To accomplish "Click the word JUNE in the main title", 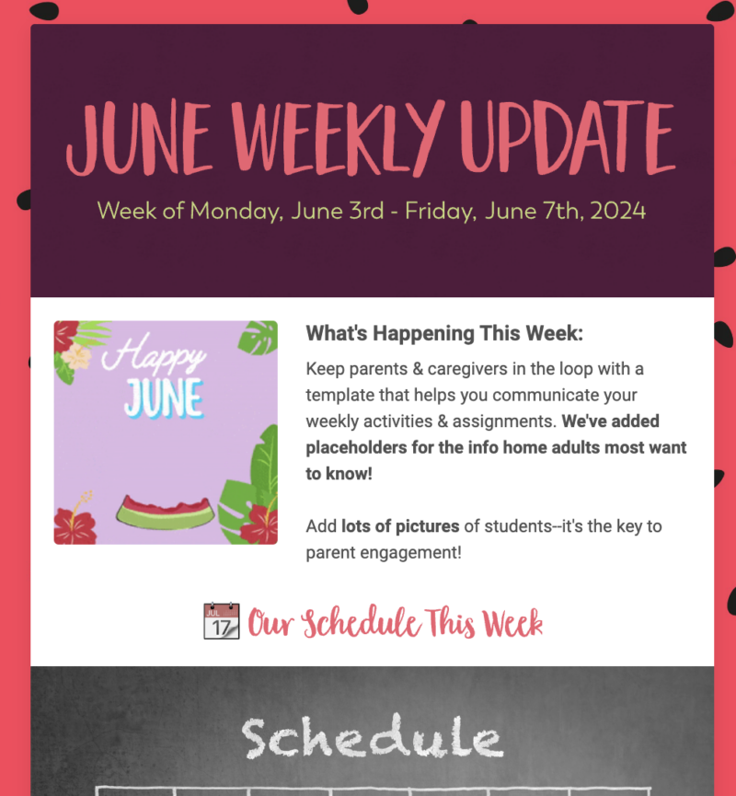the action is [x=139, y=137].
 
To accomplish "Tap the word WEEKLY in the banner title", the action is [x=338, y=137].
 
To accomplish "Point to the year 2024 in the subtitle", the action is [x=617, y=211].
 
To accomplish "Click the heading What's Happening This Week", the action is [x=444, y=333].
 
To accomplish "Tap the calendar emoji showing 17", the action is [x=222, y=621].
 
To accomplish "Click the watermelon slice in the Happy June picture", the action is [x=165, y=513].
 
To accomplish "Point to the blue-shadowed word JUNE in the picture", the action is [x=164, y=398].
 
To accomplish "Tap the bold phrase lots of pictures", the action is [x=400, y=526].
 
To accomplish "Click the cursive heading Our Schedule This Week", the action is [x=396, y=622].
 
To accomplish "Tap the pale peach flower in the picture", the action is [x=76, y=356].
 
